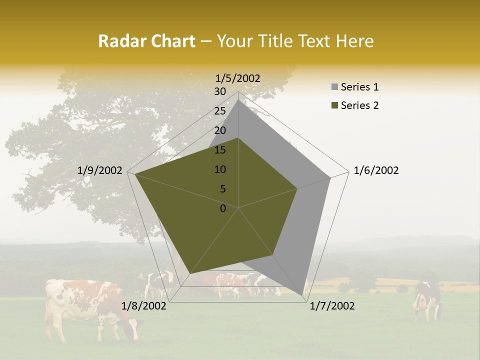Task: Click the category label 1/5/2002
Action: click(238, 78)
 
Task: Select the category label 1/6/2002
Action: click(376, 170)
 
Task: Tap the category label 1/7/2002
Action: click(332, 306)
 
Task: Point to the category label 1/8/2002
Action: click(144, 306)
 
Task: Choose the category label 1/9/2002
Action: click(100, 170)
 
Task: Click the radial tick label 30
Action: click(220, 91)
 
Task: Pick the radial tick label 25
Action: click(220, 111)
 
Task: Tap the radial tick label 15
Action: click(220, 150)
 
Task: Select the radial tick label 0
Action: click(223, 208)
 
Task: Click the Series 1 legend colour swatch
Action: click(334, 87)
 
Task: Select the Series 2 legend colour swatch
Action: click(334, 105)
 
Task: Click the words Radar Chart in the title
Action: click(146, 41)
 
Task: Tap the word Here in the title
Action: click(355, 41)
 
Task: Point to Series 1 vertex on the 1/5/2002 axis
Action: click(238, 99)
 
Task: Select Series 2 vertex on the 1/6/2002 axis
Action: click(297, 188)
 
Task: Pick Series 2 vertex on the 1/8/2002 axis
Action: click(190, 274)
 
